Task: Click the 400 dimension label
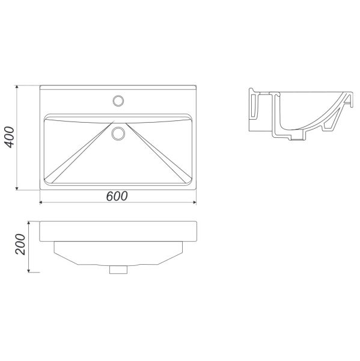[10, 137]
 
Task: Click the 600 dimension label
[117, 196]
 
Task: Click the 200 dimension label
[20, 244]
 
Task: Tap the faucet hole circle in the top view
[118, 101]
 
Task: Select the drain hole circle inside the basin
[118, 134]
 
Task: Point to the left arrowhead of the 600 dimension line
[41, 202]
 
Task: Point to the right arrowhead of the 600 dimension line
[195, 202]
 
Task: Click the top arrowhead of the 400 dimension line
[17, 87]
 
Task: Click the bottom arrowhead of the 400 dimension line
[17, 189]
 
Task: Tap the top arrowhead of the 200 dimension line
[29, 223]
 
